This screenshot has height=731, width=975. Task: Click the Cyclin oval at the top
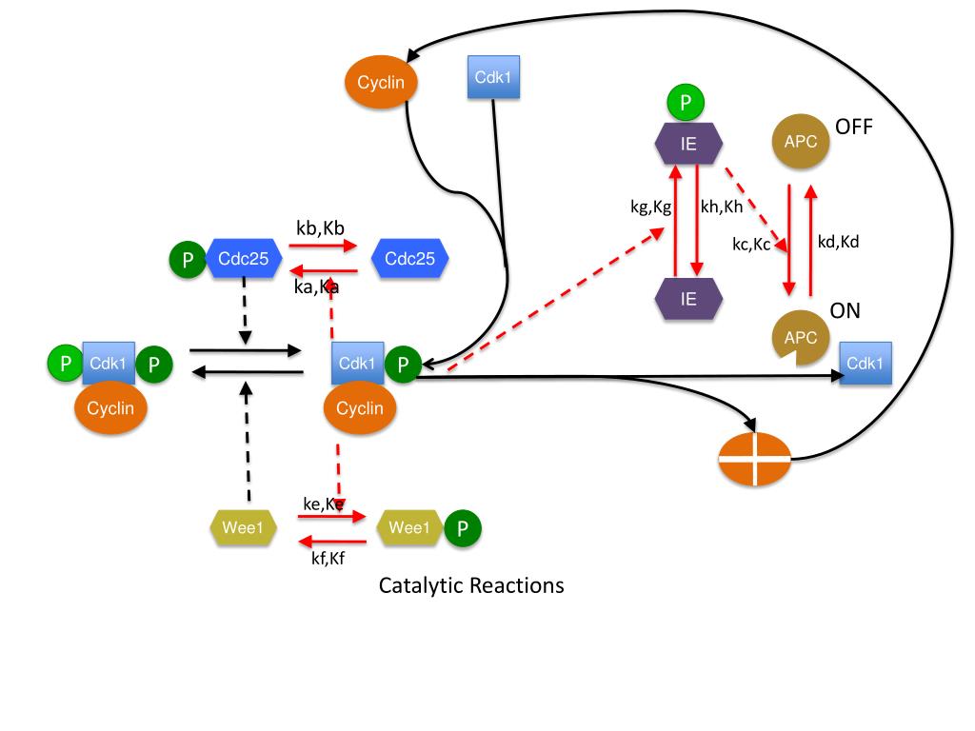click(x=381, y=83)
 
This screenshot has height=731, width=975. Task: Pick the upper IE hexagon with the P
click(x=688, y=145)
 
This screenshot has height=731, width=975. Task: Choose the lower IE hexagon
click(x=688, y=298)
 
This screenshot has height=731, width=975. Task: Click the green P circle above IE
click(x=686, y=101)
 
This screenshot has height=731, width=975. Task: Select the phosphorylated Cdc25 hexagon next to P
click(x=245, y=259)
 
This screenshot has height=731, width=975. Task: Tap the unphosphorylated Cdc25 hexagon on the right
click(x=409, y=259)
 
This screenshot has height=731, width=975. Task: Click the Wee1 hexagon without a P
click(x=243, y=527)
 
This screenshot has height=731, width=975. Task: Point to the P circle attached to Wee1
click(x=463, y=528)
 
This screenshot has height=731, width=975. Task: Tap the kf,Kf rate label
click(x=327, y=559)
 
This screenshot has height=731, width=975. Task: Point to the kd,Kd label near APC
click(x=838, y=241)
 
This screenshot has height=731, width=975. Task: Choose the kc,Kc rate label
click(x=751, y=244)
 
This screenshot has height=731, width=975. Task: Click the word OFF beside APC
click(x=853, y=127)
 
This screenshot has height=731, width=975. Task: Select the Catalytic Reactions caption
click(x=471, y=584)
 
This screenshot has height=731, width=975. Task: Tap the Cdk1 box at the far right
click(x=866, y=364)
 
